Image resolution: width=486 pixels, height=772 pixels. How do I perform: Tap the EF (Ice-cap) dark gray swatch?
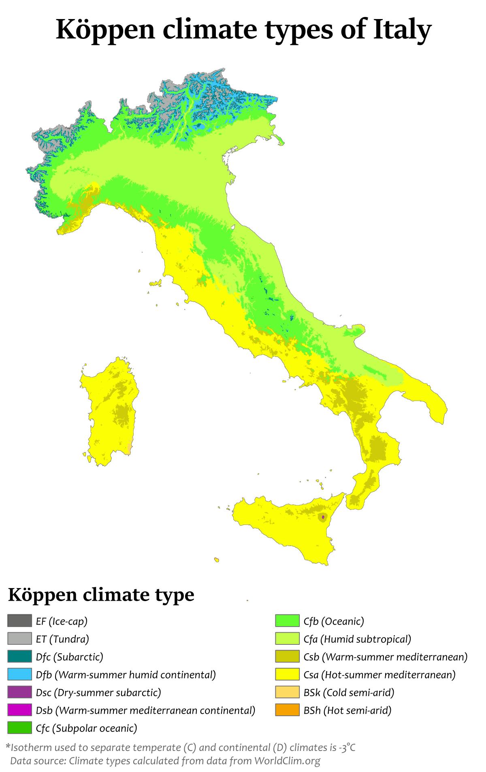(x=19, y=621)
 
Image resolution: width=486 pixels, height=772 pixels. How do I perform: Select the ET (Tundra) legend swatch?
(x=19, y=638)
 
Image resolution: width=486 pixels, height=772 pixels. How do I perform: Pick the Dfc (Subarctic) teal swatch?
(x=19, y=656)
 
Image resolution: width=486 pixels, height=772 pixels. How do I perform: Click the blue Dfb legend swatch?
(x=19, y=674)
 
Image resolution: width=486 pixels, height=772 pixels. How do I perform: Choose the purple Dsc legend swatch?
(x=19, y=692)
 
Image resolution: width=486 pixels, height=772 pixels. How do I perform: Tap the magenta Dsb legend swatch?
(x=19, y=710)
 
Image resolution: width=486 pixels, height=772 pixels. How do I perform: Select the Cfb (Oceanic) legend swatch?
(x=287, y=621)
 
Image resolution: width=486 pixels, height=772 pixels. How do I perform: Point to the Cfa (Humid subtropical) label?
(x=357, y=639)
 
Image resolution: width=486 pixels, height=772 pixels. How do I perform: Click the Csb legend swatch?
(x=287, y=656)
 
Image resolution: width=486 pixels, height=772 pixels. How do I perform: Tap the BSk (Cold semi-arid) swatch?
(x=287, y=692)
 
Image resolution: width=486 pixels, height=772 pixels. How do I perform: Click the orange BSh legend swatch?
(x=287, y=710)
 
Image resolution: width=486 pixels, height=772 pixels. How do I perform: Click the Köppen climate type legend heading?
(x=101, y=595)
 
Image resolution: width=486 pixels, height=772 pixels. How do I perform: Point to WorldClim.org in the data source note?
(x=287, y=761)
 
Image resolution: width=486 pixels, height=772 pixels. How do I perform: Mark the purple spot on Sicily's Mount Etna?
(x=323, y=517)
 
